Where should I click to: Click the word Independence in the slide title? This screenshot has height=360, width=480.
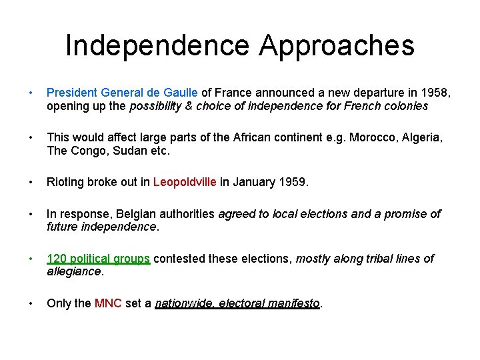click(x=157, y=46)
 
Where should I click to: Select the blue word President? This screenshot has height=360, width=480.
click(x=72, y=93)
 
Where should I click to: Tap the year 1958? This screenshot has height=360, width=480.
click(x=434, y=93)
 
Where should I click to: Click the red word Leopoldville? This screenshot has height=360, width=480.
click(x=185, y=181)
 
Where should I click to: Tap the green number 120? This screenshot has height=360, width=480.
click(x=57, y=258)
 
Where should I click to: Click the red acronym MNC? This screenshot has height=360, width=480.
click(x=108, y=303)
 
